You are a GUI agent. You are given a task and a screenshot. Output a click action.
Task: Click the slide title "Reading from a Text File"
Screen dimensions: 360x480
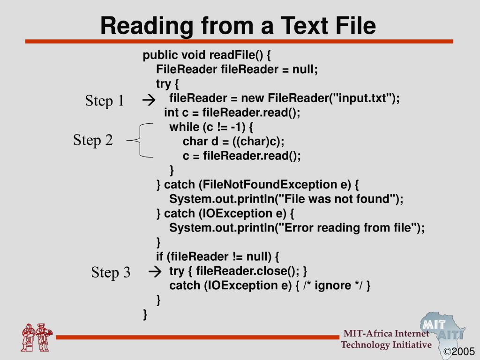238,26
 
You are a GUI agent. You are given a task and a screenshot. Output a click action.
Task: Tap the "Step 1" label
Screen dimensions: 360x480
105,101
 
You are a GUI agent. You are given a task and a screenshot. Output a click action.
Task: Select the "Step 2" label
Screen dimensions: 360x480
93,140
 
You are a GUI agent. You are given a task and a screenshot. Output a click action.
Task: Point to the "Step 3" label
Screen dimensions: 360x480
111,272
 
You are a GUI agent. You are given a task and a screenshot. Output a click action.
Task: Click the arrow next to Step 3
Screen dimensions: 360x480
155,271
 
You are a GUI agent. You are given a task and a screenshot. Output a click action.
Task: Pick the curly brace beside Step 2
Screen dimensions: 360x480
140,140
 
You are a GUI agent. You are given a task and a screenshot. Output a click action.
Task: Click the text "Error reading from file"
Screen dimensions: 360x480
349,228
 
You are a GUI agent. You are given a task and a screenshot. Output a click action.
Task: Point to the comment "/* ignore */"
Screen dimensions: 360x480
333,285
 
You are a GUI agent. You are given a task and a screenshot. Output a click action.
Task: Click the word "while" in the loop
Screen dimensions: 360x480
184,127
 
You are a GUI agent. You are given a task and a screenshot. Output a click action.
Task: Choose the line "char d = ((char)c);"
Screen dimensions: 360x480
233,142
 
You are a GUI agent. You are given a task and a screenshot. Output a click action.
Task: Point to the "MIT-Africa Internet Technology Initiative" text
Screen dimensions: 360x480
386,339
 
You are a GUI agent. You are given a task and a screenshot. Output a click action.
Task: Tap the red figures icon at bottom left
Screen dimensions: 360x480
37,337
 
